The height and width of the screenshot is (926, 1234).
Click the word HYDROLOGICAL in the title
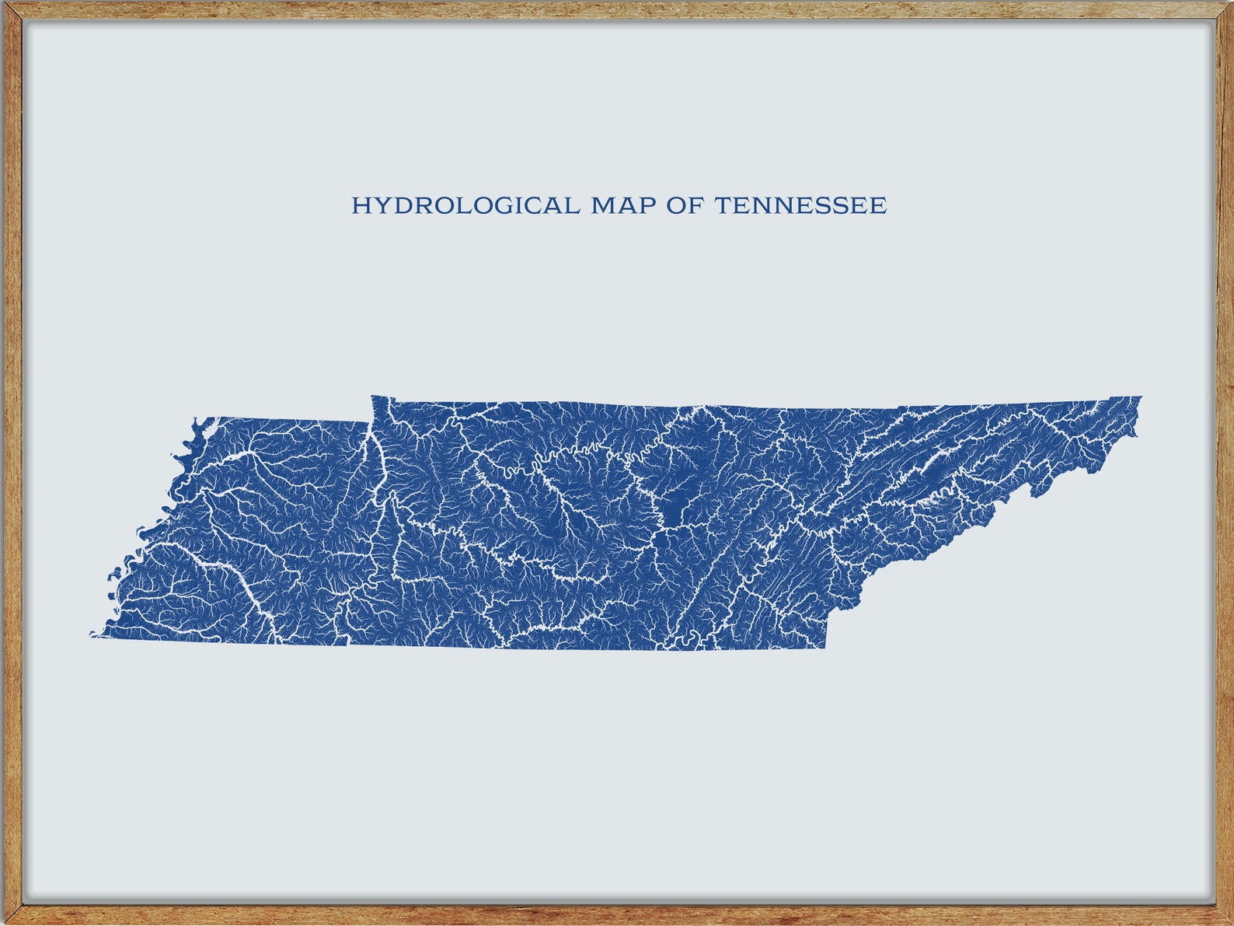[x=465, y=206]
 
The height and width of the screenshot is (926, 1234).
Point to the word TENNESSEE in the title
[x=800, y=206]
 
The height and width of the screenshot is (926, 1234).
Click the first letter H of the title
[x=360, y=206]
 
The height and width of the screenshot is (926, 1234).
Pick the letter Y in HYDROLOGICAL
[x=378, y=206]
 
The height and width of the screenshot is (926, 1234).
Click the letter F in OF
[x=694, y=206]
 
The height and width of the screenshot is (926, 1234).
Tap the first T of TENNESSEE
[x=722, y=206]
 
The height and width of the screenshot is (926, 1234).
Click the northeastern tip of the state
[x=1140, y=398]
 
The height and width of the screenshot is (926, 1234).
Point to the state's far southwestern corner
[x=92, y=635]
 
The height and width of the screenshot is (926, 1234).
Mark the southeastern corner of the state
[x=825, y=647]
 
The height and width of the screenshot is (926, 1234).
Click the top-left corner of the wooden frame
[x=4, y=4]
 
